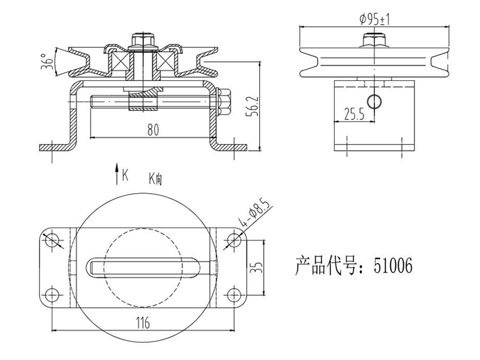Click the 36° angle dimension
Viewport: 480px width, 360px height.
pyautogui.click(x=47, y=61)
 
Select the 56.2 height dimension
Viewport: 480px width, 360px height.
pyautogui.click(x=253, y=106)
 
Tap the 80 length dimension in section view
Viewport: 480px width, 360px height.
pyautogui.click(x=153, y=130)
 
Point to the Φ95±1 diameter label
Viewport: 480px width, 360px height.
pyautogui.click(x=374, y=19)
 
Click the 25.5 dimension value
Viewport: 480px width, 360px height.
pyautogui.click(x=354, y=114)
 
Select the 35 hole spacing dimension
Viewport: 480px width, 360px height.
pyautogui.click(x=258, y=268)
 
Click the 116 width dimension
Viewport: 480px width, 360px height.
pyautogui.click(x=143, y=322)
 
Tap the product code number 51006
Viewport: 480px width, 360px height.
pyautogui.click(x=393, y=265)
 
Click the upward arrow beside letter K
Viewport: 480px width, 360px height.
pyautogui.click(x=116, y=174)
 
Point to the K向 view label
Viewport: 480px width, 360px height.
pyautogui.click(x=155, y=179)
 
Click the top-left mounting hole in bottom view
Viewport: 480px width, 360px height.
pyautogui.click(x=52, y=239)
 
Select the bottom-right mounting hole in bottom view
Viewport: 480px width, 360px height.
pyautogui.click(x=234, y=295)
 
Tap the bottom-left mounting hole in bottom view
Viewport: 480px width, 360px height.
pyautogui.click(x=52, y=295)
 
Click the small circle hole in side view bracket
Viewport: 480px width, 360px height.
pyautogui.click(x=374, y=101)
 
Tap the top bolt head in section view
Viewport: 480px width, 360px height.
pyautogui.click(x=143, y=39)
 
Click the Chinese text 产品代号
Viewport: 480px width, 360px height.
pyautogui.click(x=325, y=265)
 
